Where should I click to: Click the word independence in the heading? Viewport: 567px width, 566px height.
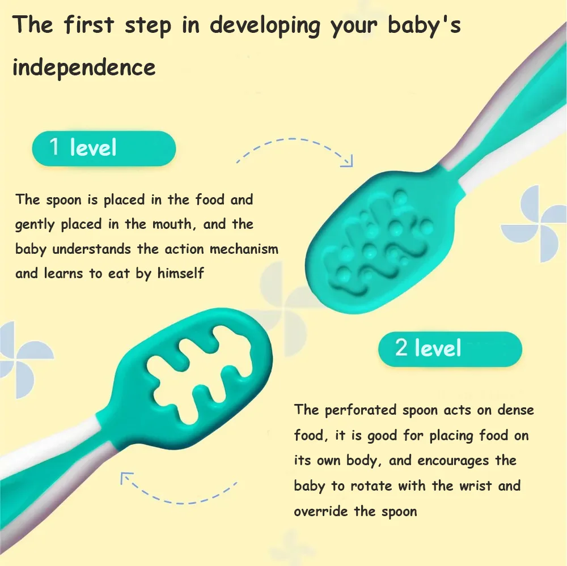pos(84,67)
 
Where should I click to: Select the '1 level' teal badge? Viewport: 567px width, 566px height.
pos(104,148)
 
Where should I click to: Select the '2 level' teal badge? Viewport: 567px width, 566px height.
pos(450,349)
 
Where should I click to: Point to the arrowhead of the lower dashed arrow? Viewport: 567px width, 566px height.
pos(126,478)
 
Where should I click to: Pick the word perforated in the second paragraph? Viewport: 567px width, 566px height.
pos(361,410)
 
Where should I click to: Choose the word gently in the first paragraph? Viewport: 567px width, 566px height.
pos(35,225)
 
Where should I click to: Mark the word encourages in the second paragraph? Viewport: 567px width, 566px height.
pos(453,461)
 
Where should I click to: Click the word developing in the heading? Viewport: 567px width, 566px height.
pos(265,26)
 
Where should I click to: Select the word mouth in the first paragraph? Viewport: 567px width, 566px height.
pos(172,224)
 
